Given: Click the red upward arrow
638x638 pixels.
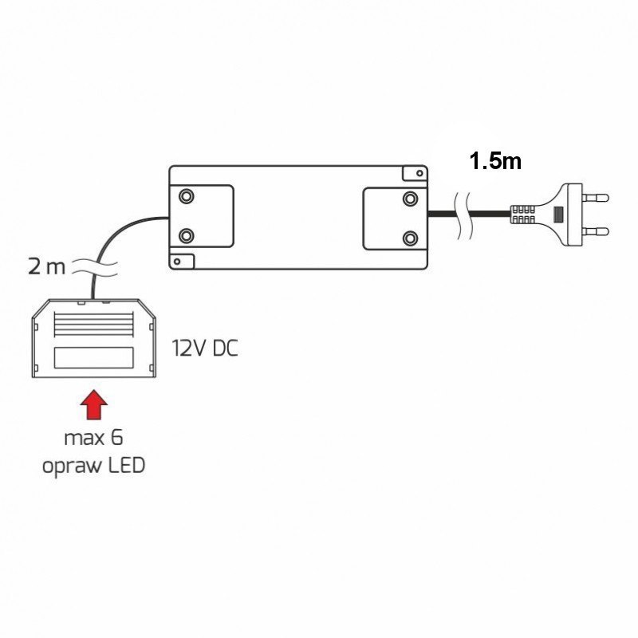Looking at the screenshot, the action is click(94, 404).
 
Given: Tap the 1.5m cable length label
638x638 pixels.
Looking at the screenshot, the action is click(495, 161).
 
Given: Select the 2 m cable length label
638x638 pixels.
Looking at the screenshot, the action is click(46, 267).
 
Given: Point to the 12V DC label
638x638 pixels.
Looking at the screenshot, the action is click(205, 349).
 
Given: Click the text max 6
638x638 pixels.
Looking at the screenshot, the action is click(93, 438).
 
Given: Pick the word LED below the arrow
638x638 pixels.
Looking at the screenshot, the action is click(127, 465).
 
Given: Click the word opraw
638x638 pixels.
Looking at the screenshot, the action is click(72, 467).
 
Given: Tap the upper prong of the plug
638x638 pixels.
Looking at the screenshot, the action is click(595, 198).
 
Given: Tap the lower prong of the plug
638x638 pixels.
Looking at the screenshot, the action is click(595, 232).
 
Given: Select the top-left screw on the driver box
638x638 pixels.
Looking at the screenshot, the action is click(187, 196).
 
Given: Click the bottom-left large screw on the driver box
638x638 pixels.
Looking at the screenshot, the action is click(187, 235).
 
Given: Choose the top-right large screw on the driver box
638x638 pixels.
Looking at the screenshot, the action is click(410, 199).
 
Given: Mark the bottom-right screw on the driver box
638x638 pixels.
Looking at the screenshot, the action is click(410, 237).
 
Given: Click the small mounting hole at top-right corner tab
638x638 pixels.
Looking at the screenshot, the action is click(419, 173).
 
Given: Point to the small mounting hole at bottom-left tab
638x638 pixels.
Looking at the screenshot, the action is click(177, 262).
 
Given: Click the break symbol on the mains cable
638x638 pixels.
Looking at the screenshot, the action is click(464, 215).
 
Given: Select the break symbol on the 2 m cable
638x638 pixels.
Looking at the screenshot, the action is click(95, 267).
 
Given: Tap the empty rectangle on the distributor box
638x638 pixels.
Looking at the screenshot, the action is click(93, 357).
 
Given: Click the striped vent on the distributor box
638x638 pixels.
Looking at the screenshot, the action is click(93, 325).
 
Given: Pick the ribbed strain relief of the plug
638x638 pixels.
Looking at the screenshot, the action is click(522, 215).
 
